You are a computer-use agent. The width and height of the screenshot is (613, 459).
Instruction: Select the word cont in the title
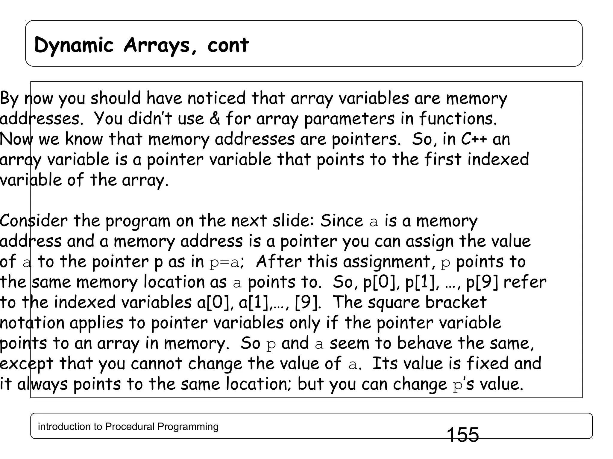tap(228, 45)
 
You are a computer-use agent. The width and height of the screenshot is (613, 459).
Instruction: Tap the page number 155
tap(462, 434)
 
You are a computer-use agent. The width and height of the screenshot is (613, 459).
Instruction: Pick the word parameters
tap(349, 119)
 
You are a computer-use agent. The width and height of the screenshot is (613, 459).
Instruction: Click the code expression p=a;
tap(227, 262)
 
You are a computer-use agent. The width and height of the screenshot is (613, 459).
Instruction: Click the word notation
tap(32, 323)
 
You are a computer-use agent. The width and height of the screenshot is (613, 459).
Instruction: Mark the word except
tap(27, 364)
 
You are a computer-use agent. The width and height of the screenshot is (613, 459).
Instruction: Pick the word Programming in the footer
tap(188, 426)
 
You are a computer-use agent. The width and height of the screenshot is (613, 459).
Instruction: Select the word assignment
tap(386, 262)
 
